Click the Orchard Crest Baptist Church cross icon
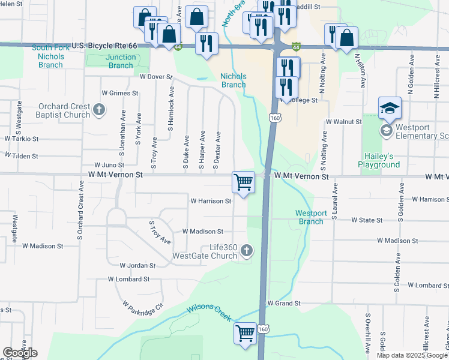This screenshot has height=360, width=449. click(100, 110)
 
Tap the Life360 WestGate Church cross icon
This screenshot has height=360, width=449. click(247, 251)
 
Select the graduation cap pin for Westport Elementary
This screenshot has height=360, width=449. click(390, 109)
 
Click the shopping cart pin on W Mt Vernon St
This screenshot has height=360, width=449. click(243, 181)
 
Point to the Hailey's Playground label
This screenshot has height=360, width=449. click(379, 160)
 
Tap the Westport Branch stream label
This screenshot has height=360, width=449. click(311, 217)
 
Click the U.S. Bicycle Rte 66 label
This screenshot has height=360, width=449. click(104, 46)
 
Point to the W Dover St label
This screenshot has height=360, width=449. click(155, 77)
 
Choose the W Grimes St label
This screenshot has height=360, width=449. click(120, 93)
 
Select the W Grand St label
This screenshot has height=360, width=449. click(283, 304)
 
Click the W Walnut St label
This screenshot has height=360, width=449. click(343, 121)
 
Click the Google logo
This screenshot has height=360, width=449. click(20, 353)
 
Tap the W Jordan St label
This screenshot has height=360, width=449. click(137, 265)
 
